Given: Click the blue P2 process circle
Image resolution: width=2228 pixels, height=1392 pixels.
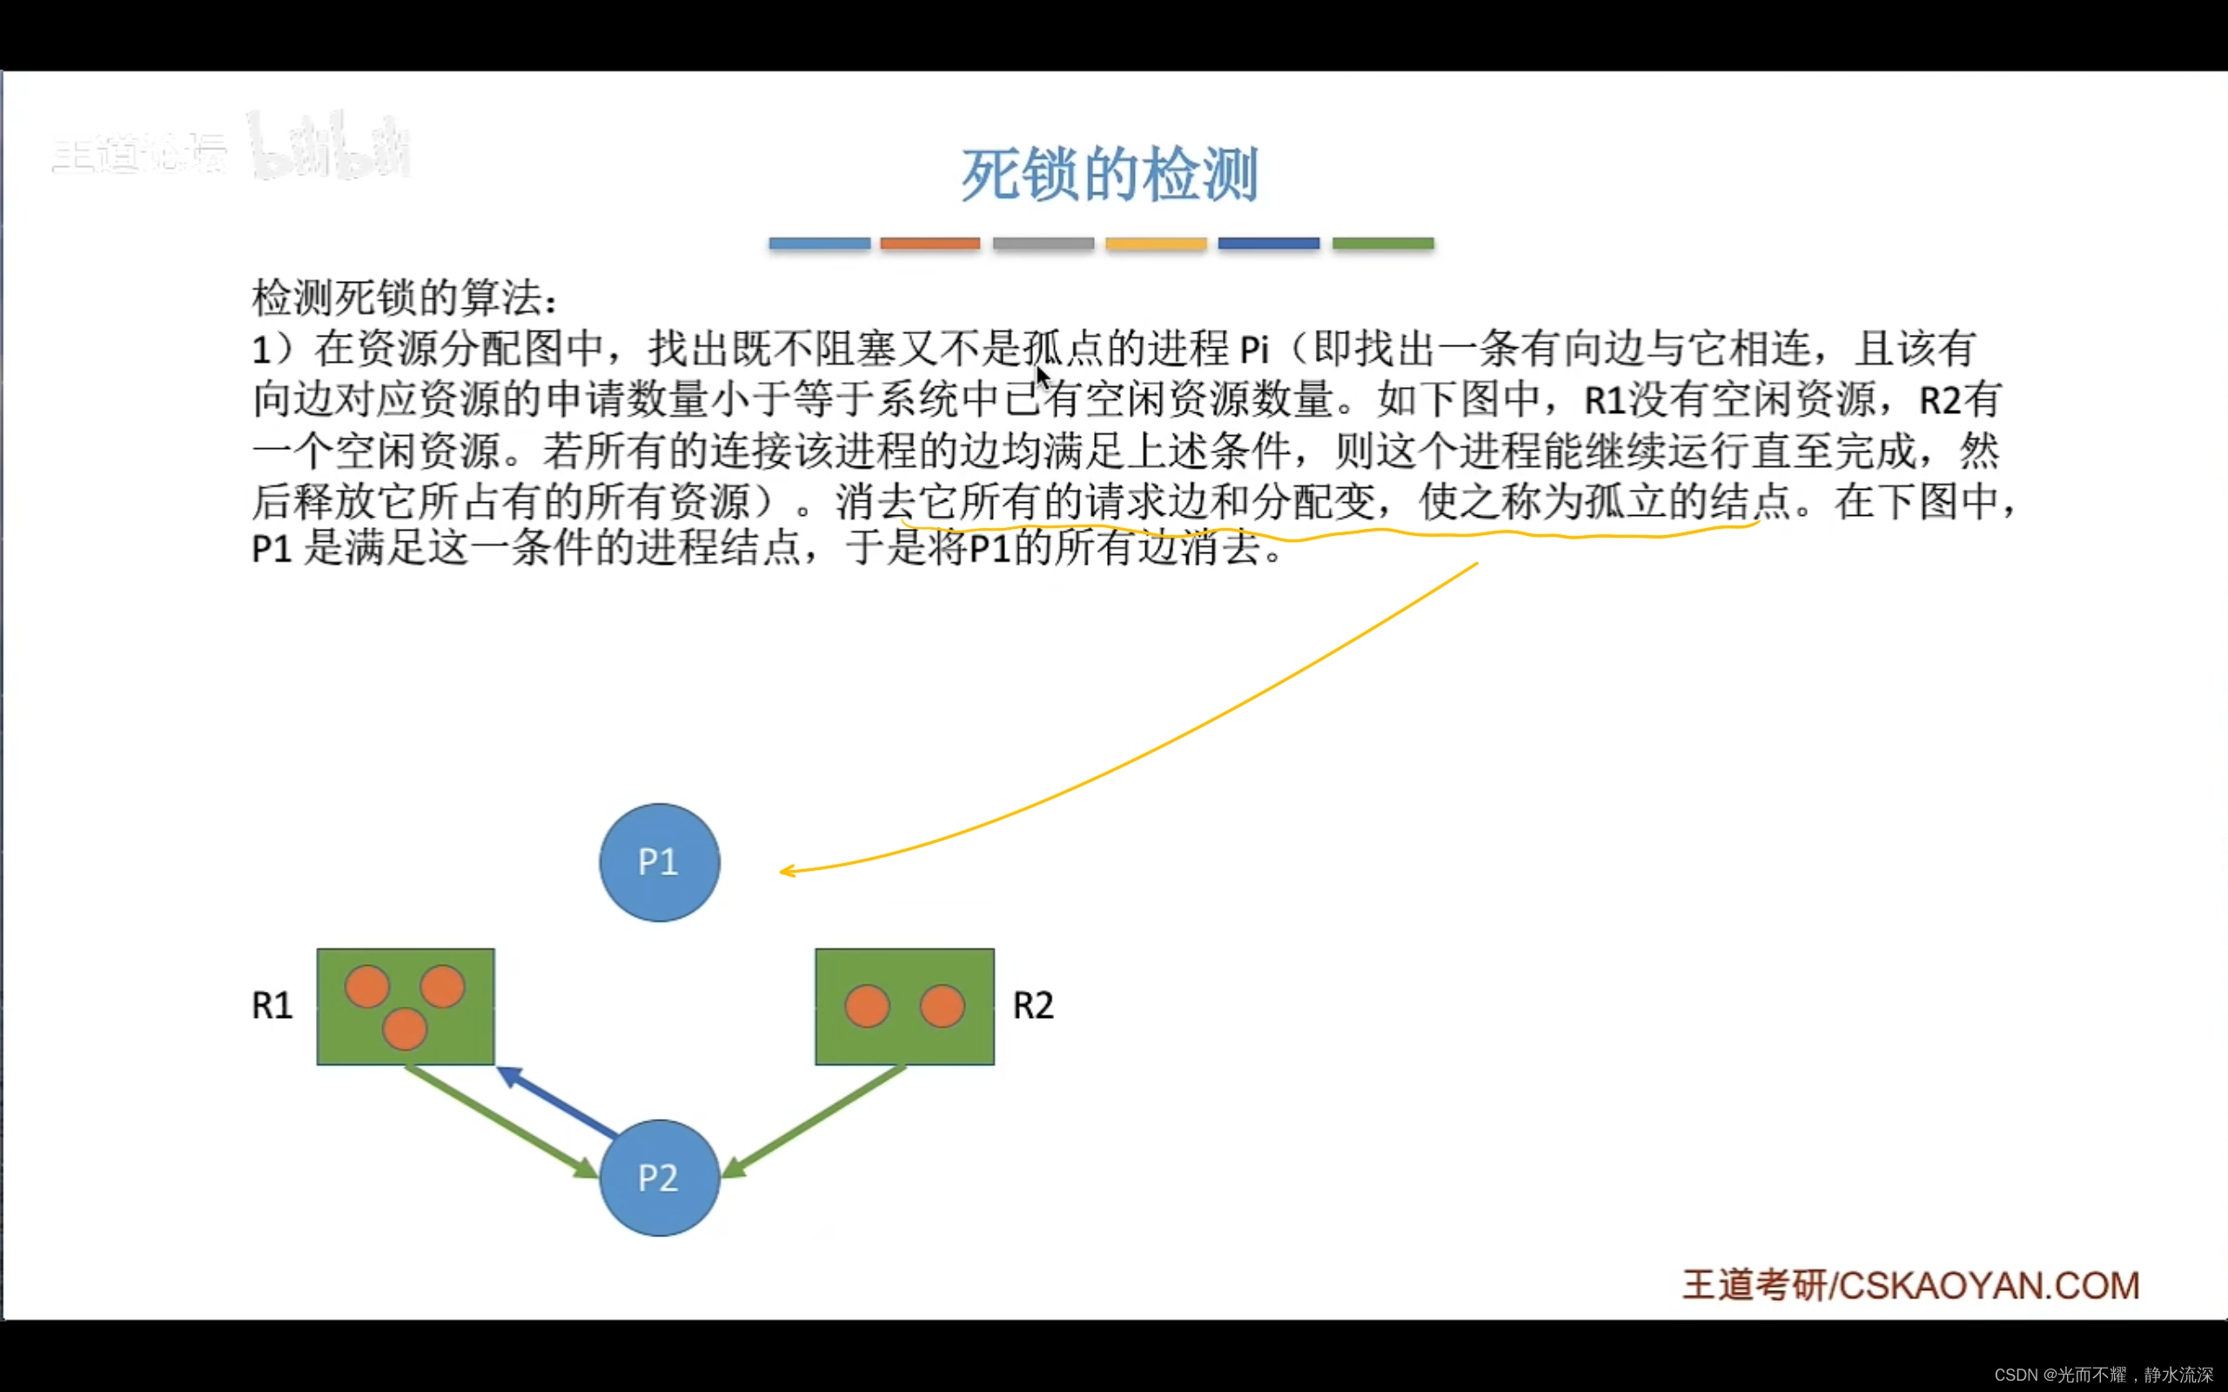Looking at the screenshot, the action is pyautogui.click(x=659, y=1177).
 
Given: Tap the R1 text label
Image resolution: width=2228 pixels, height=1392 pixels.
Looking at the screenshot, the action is pyautogui.click(x=272, y=1006).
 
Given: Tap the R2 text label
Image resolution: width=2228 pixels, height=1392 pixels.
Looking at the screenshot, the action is pyautogui.click(x=1033, y=1006).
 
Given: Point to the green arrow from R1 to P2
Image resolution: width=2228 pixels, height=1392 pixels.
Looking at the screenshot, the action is pyautogui.click(x=502, y=1121).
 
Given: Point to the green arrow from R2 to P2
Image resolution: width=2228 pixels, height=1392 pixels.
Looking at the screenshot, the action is pyautogui.click(x=815, y=1121).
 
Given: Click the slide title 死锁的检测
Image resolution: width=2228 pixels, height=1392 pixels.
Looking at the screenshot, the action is pyautogui.click(x=1110, y=174).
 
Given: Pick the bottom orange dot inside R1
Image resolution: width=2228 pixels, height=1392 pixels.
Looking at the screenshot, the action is pyautogui.click(x=404, y=1028).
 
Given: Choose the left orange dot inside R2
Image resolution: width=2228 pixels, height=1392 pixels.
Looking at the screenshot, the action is pyautogui.click(x=867, y=1006).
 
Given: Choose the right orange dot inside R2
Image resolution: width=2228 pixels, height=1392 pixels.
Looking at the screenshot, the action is pyautogui.click(x=942, y=1006).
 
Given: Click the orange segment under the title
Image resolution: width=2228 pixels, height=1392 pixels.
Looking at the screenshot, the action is pyautogui.click(x=929, y=243).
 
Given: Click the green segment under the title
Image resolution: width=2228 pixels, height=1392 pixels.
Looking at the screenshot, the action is pyautogui.click(x=1383, y=243).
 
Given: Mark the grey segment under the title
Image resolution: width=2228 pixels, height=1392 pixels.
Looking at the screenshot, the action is pyautogui.click(x=1044, y=243).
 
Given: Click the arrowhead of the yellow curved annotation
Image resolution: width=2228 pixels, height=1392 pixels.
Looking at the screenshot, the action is pyautogui.click(x=785, y=871).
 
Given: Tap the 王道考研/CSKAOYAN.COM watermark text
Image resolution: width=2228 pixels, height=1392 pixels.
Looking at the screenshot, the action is pyautogui.click(x=1910, y=1286).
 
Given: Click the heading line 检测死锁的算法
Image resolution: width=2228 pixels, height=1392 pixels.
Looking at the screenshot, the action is pyautogui.click(x=403, y=298).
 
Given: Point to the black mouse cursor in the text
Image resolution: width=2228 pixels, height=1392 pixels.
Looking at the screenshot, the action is pyautogui.click(x=1042, y=377).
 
